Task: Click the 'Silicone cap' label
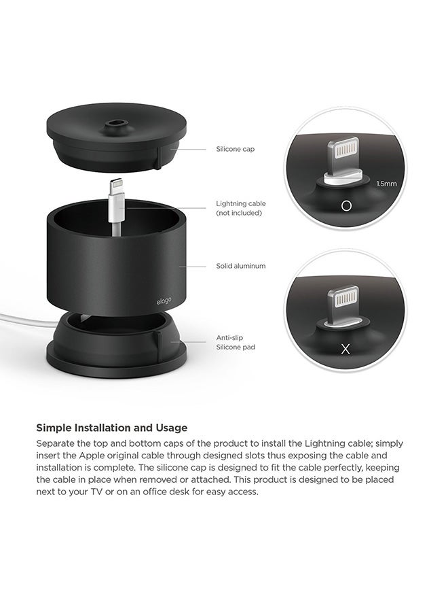coord(235,149)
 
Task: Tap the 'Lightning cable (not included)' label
coord(240,208)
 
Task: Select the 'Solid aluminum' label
coord(240,266)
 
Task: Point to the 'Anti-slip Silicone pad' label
coord(236,342)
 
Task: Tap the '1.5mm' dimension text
coord(386,183)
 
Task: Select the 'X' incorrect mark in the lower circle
coord(346,349)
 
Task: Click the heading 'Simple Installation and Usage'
coord(111,428)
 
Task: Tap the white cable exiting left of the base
coord(20,318)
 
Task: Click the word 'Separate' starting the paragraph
coord(56,443)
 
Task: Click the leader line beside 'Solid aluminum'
coord(193,266)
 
